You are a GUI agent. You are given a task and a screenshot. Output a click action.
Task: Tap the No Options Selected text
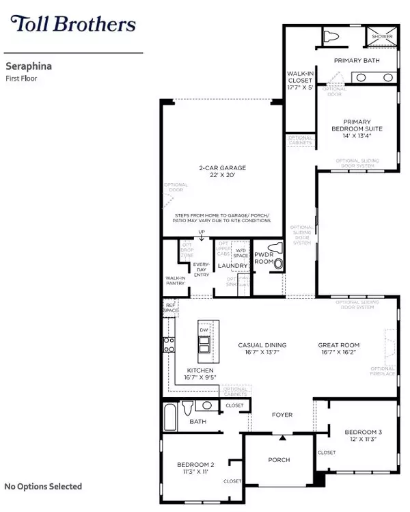point(43,487)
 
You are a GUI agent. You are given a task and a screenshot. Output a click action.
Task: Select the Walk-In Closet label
point(300,79)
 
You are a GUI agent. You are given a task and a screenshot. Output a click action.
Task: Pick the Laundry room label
point(232,266)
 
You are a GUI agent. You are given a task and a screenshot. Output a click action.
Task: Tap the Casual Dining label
point(262,345)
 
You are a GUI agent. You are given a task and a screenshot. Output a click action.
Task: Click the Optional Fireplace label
point(383,370)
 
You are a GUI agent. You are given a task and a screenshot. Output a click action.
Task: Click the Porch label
point(279,459)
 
